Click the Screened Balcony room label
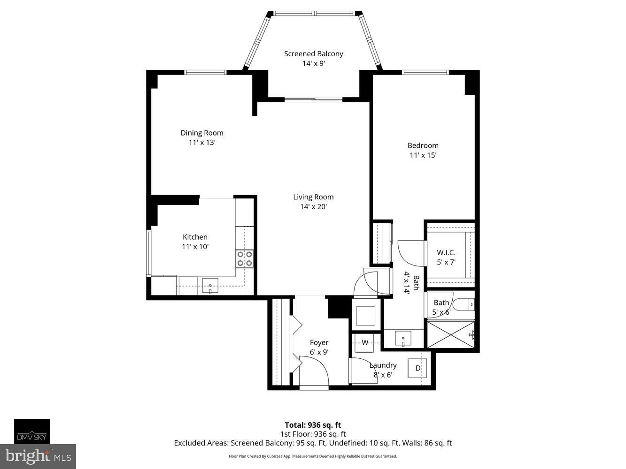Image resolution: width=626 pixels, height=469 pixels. coord(313,54)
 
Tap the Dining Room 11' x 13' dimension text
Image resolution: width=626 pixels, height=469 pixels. coord(201,143)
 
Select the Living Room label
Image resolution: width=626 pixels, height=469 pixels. coord(313,197)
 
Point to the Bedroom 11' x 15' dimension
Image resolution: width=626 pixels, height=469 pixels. coord(423,155)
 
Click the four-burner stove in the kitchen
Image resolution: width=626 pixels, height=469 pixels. coord(245,258)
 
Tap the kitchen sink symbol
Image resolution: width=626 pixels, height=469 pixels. coord(210,286)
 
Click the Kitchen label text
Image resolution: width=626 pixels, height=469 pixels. coord(195,237)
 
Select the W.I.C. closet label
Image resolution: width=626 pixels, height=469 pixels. coord(446,253)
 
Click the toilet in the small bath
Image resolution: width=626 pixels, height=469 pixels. coord(464,305)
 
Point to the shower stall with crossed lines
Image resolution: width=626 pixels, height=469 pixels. coord(451,334)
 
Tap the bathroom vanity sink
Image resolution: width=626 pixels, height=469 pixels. coord(403,338)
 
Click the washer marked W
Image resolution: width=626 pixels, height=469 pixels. coord(365,342)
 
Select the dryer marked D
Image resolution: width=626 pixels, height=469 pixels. coord(417,368)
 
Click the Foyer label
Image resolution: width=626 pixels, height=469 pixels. coord(319,342)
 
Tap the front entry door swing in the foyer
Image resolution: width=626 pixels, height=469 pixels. coord(313,371)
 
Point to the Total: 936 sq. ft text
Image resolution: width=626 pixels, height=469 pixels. coord(313,425)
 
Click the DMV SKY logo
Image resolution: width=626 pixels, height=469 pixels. coord(32,431)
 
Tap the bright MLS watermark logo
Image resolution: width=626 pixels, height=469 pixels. coord(38,456)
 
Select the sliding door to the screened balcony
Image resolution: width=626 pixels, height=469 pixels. coord(313,99)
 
